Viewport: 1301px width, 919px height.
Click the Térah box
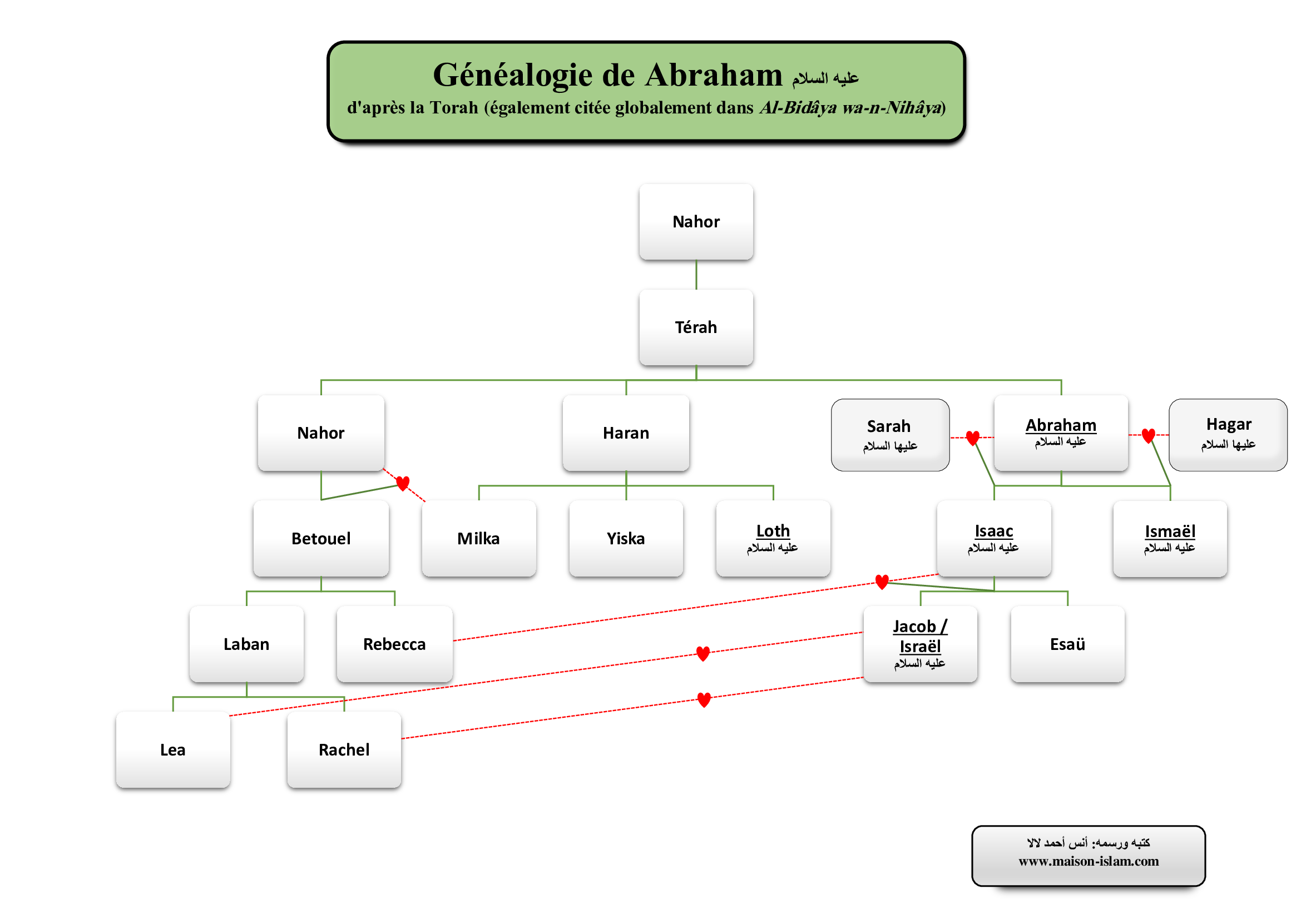[696, 327]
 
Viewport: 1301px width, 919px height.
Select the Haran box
[626, 433]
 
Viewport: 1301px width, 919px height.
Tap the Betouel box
[321, 539]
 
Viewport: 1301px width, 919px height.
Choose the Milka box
[479, 539]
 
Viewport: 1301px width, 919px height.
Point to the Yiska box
[626, 539]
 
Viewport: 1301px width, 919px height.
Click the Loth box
[773, 539]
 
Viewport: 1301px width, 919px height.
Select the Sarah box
[889, 435]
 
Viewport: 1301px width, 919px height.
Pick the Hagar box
[1228, 434]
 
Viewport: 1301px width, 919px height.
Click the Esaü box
[1067, 644]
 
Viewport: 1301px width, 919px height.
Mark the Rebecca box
[394, 644]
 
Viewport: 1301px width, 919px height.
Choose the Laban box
[246, 644]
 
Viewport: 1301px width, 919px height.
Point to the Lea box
[173, 749]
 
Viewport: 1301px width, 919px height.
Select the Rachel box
[344, 749]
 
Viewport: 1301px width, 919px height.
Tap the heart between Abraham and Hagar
[1149, 435]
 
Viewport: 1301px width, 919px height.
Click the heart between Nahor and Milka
[403, 483]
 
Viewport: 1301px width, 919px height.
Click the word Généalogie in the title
[513, 75]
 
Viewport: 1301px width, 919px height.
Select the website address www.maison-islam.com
[1089, 861]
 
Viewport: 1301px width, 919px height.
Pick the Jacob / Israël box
[920, 644]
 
